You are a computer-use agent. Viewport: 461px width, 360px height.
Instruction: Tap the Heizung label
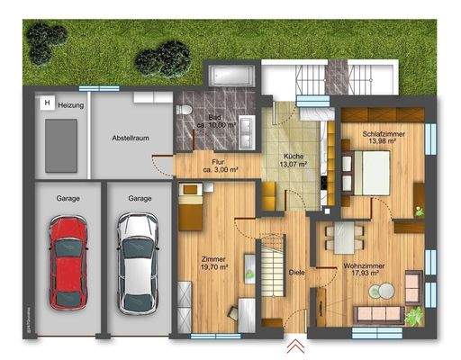(x=72, y=105)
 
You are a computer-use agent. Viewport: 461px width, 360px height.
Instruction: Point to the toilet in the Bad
(x=185, y=110)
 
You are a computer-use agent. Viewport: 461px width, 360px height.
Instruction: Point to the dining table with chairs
(x=342, y=239)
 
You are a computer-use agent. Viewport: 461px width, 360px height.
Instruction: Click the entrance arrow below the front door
(x=294, y=346)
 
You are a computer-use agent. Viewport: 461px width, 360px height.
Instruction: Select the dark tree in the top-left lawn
(x=47, y=40)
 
